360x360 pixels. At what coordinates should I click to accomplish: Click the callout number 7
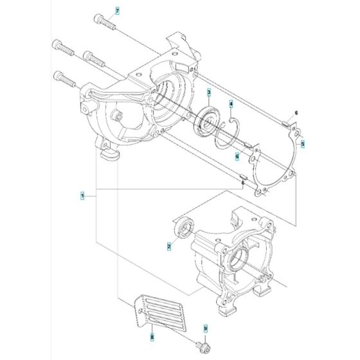pyautogui.click(x=117, y=12)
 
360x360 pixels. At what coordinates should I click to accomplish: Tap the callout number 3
pyautogui.click(x=209, y=93)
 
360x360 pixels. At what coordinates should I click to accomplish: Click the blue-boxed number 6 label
pyautogui.click(x=237, y=155)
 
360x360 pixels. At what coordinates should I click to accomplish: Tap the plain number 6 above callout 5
pyautogui.click(x=296, y=113)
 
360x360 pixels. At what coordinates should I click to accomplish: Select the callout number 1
pyautogui.click(x=82, y=194)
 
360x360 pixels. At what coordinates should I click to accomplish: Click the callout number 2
pyautogui.click(x=168, y=245)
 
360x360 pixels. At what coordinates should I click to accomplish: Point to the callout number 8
pyautogui.click(x=152, y=336)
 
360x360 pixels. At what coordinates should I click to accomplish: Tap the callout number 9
pyautogui.click(x=205, y=328)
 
